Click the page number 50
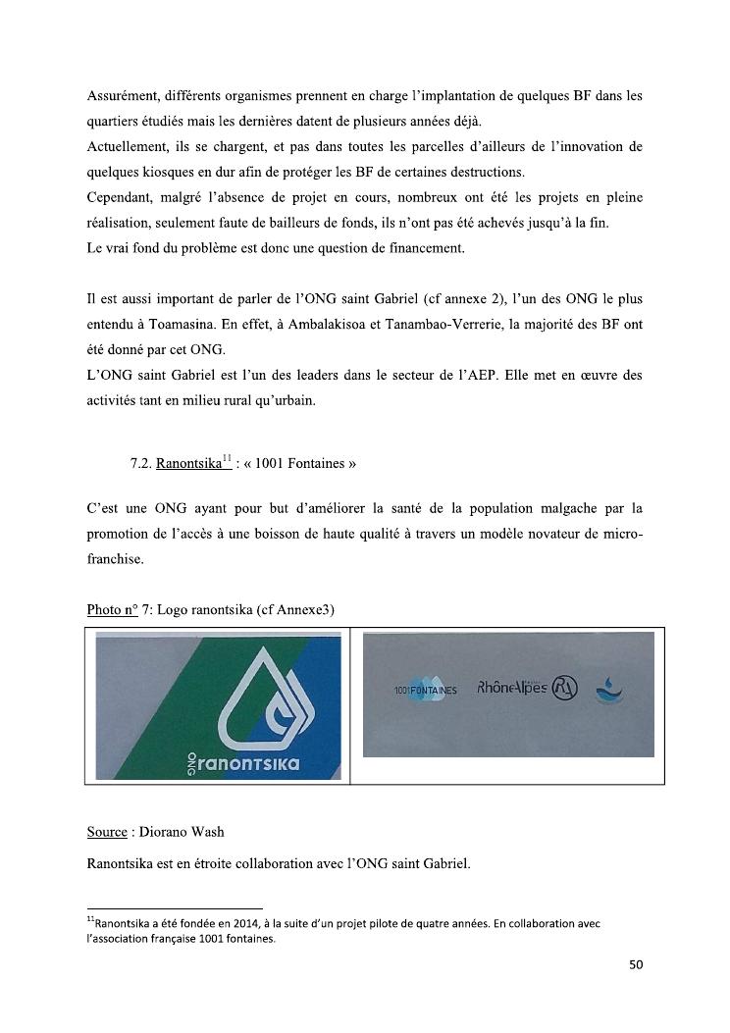tap(635, 965)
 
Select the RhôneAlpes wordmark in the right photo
tap(512, 688)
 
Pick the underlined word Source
tap(107, 832)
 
